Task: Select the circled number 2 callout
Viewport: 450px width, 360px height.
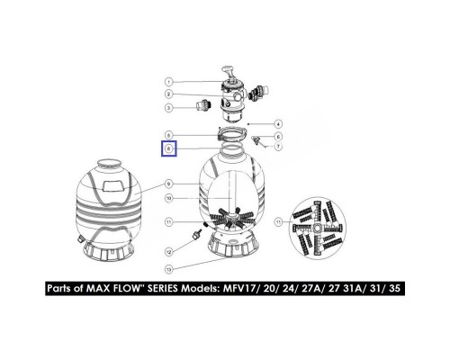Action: click(168, 94)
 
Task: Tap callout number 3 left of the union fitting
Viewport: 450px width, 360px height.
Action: click(168, 108)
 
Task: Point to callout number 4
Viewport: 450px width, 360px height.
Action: click(279, 122)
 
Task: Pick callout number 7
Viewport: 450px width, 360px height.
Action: click(279, 146)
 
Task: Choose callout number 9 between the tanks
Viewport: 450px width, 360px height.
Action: click(168, 184)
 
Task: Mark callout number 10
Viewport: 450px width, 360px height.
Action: click(168, 198)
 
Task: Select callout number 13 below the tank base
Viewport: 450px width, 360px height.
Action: click(168, 267)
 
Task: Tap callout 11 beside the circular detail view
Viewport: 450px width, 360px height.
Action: click(279, 220)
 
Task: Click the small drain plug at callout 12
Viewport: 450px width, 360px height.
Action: click(193, 237)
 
